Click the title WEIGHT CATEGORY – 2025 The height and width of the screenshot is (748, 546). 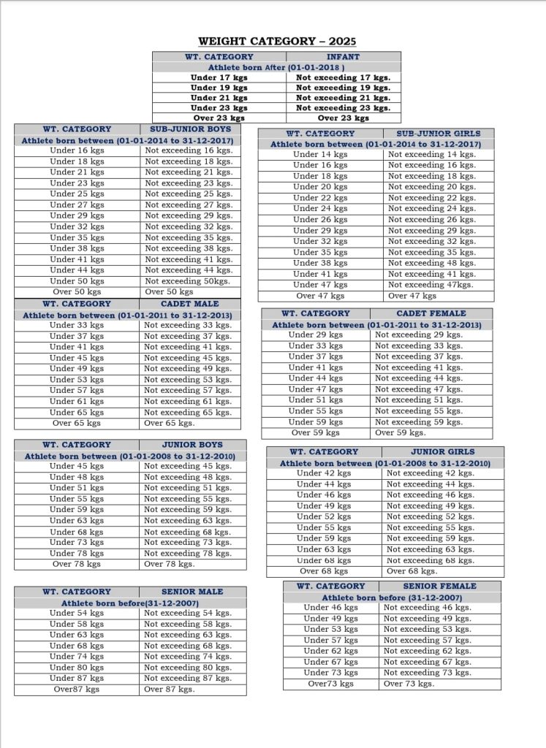pyautogui.click(x=276, y=42)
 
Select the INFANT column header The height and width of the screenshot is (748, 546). pyautogui.click(x=343, y=56)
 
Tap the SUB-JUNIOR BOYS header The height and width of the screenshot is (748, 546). pyautogui.click(x=189, y=129)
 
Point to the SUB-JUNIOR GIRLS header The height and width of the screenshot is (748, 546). pyautogui.click(x=439, y=134)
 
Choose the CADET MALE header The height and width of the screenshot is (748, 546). pyautogui.click(x=189, y=304)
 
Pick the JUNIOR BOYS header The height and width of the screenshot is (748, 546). pyautogui.click(x=192, y=444)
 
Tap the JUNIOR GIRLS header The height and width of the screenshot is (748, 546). pyautogui.click(x=442, y=451)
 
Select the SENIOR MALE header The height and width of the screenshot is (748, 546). pyautogui.click(x=192, y=592)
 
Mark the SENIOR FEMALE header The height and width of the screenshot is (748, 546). pyautogui.click(x=439, y=586)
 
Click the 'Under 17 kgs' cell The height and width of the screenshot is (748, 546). pyautogui.click(x=219, y=77)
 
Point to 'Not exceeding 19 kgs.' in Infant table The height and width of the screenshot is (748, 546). pyautogui.click(x=343, y=88)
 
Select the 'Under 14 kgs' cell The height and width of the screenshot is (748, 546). pyautogui.click(x=320, y=154)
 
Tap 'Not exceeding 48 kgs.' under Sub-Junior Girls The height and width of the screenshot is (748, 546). pyautogui.click(x=432, y=263)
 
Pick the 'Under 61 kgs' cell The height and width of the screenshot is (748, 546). pyautogui.click(x=77, y=401)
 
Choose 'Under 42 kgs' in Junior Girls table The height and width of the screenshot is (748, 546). pyautogui.click(x=324, y=473)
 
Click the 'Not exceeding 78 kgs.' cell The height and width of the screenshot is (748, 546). pyautogui.click(x=188, y=553)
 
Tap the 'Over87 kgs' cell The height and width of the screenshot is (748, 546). pyautogui.click(x=77, y=689)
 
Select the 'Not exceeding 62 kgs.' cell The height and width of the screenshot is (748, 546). pyautogui.click(x=428, y=651)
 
